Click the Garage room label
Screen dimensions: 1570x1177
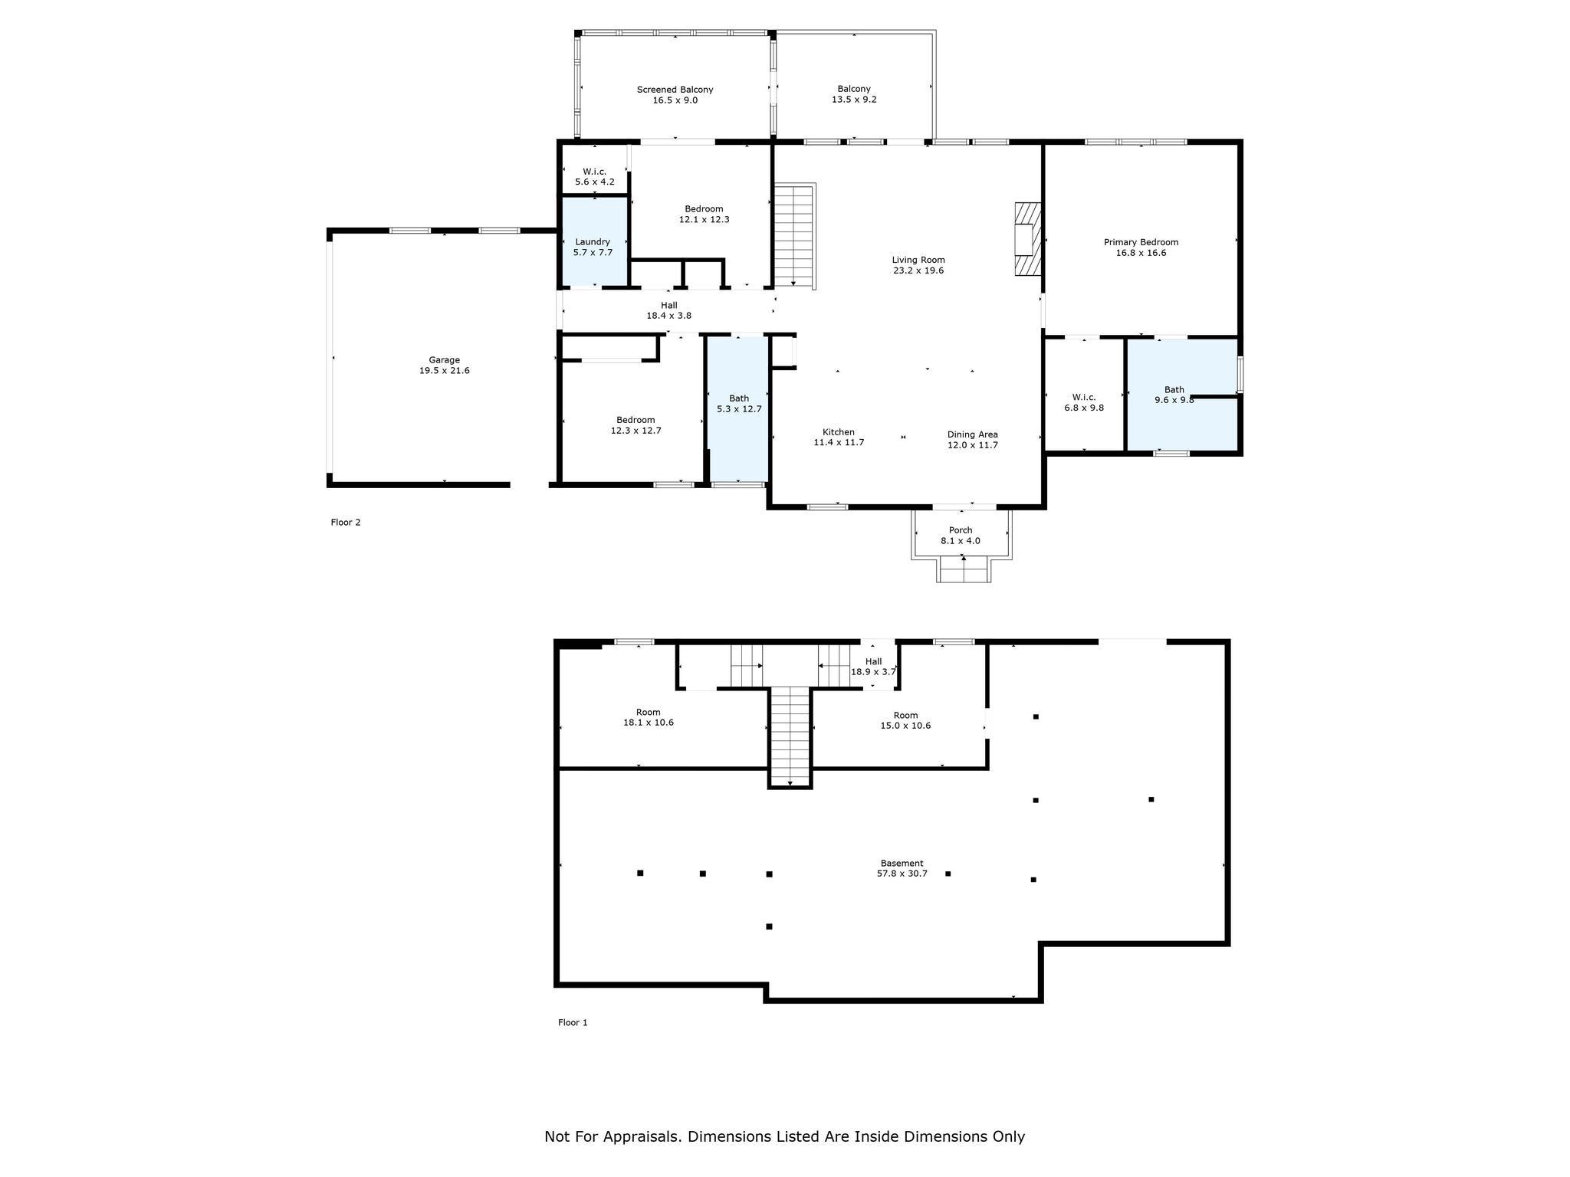444,366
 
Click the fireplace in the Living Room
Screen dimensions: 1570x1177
1028,238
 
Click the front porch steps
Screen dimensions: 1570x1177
964,569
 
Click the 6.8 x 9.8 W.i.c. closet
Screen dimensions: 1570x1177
1084,395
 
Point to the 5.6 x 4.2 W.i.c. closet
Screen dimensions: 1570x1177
595,169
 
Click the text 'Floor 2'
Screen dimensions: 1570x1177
346,523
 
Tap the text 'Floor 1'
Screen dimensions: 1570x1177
573,1022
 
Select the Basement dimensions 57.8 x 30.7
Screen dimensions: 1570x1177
902,874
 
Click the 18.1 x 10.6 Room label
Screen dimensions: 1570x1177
649,717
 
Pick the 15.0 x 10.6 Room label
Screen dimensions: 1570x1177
905,720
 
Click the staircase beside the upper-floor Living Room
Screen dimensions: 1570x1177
795,236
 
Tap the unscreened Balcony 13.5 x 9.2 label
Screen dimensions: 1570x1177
854,94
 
